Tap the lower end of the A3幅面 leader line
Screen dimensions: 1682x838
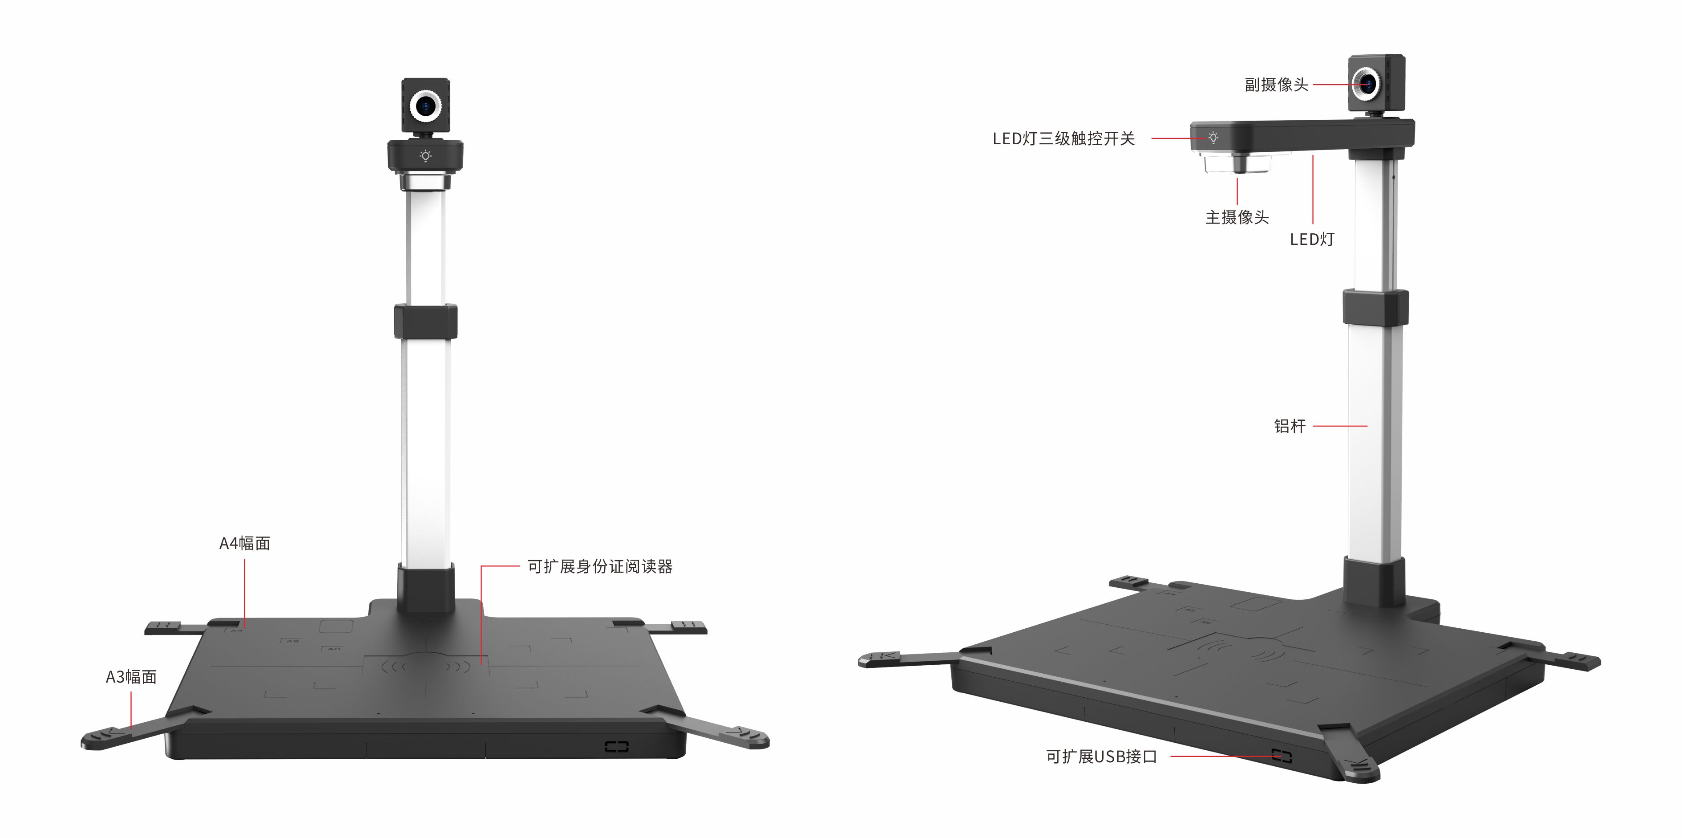tap(131, 729)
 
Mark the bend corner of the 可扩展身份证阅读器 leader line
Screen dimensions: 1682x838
tap(482, 566)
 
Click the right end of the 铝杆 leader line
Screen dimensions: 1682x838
tap(1367, 426)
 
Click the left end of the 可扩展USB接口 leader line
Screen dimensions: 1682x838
tap(1171, 757)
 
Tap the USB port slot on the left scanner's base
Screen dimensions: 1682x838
tap(616, 746)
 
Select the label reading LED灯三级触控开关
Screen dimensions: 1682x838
tap(1063, 138)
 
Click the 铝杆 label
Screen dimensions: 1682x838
tap(1290, 426)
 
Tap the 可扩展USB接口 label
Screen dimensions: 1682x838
tap(1101, 757)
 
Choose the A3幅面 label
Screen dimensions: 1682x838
tap(131, 677)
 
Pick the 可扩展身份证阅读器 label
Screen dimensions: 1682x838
tap(600, 566)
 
